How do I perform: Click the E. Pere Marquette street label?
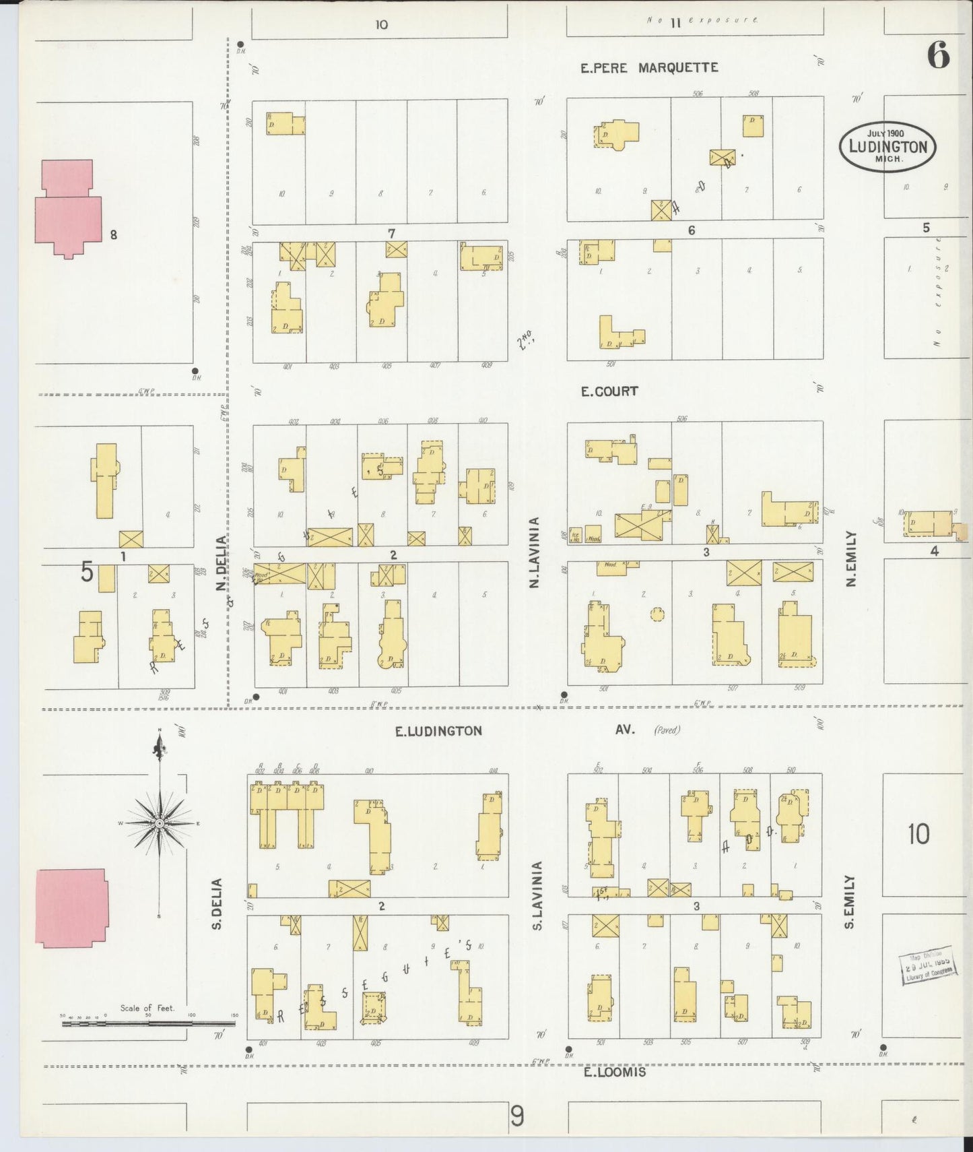[649, 67]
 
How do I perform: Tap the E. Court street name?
[609, 391]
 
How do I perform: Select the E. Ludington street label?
[438, 731]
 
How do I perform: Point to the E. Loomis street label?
[614, 1072]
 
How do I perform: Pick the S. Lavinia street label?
[537, 896]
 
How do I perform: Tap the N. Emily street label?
[851, 558]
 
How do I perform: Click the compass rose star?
[160, 823]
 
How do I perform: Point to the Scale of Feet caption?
[147, 1008]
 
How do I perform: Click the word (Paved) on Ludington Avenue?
[666, 730]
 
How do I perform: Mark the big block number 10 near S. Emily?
[918, 834]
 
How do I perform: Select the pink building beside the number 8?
[67, 209]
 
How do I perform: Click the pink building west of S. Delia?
[71, 907]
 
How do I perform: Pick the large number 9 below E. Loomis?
[516, 1117]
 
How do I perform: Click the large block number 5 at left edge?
[88, 571]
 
